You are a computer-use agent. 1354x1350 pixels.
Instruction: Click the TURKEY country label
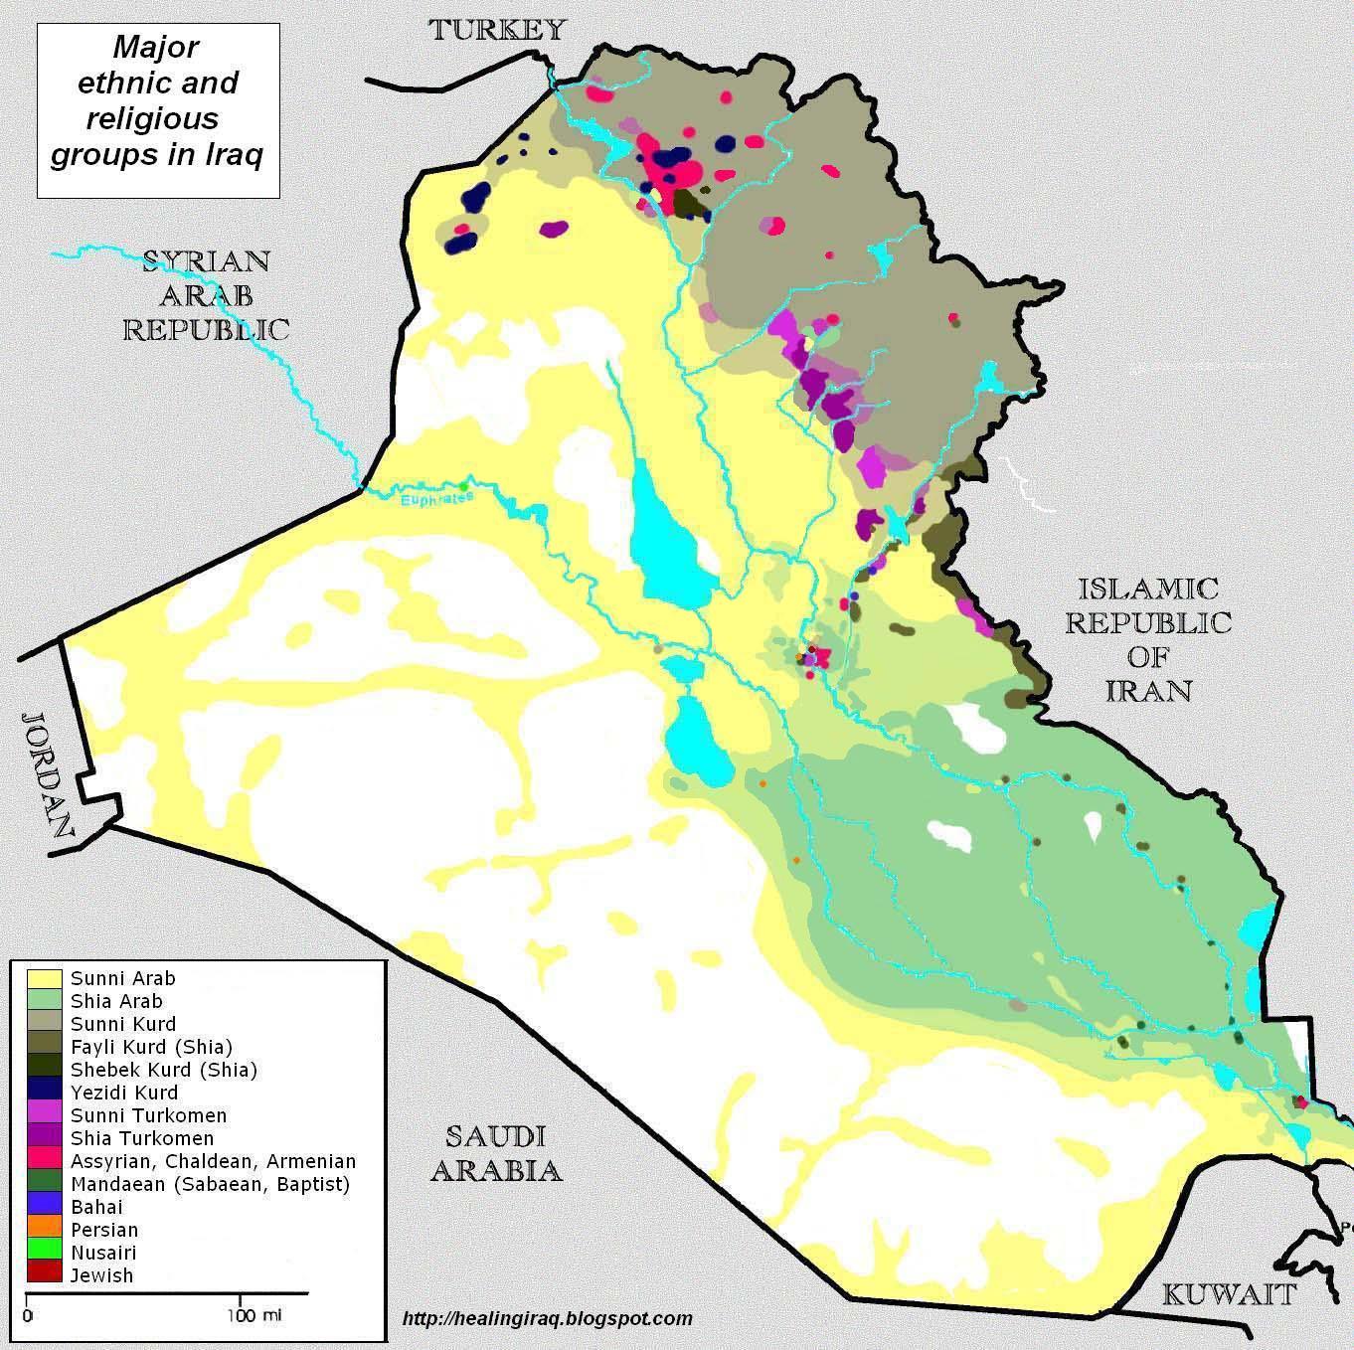[497, 30]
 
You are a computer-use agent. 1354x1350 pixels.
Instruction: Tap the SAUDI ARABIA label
[495, 1153]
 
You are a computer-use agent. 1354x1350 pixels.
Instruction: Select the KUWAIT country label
[1230, 1294]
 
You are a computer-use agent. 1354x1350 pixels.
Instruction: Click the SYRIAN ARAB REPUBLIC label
[206, 295]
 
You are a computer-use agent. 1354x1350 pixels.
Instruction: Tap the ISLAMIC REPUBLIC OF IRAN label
[1148, 639]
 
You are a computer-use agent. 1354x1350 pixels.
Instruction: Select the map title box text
[157, 101]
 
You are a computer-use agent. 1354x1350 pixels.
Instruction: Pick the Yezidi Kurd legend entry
[124, 1093]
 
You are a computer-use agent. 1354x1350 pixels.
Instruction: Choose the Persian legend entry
[104, 1230]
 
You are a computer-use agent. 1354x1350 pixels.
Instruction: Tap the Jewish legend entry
[101, 1275]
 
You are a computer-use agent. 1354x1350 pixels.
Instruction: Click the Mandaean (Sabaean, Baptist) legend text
[210, 1184]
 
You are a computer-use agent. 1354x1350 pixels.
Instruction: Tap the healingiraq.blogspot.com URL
[548, 1318]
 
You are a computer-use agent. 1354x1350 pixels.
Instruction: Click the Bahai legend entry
[96, 1207]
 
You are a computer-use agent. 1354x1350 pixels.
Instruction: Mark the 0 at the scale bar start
[27, 1316]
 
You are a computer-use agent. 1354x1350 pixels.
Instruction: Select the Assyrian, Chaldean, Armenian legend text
[213, 1161]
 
